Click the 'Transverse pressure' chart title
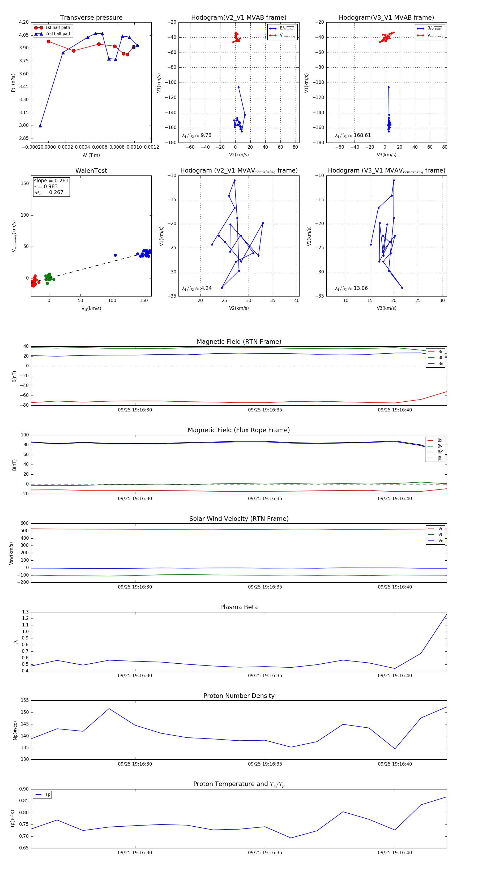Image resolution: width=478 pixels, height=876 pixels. point(91,18)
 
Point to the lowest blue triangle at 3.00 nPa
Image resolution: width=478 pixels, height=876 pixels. point(40,126)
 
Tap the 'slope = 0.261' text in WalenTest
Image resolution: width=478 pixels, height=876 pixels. point(51,181)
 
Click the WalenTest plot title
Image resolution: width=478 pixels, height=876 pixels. point(91,171)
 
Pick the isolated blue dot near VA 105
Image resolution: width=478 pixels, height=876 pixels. point(115,255)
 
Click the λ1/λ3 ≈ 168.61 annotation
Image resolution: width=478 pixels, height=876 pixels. point(353,135)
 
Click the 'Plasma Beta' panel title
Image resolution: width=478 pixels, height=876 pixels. point(239,607)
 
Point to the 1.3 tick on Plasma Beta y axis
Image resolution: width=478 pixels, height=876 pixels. point(25,612)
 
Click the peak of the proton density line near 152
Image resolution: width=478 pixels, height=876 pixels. point(109,709)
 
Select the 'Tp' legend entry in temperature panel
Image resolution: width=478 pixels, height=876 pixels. point(48,795)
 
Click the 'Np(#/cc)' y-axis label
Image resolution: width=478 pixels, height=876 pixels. point(15,730)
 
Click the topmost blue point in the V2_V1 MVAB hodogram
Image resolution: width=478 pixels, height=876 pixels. point(238,87)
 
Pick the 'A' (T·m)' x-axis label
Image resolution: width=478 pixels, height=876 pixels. point(91,155)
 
